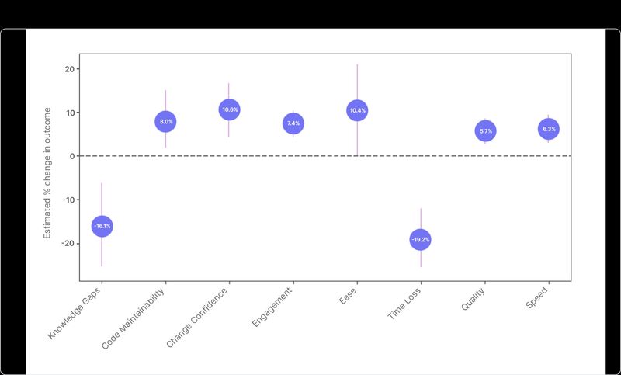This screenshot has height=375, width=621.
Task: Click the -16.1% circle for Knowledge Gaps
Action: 102,226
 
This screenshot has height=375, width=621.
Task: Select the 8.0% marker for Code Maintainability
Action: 166,121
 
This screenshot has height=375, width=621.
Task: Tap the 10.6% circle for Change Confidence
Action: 230,110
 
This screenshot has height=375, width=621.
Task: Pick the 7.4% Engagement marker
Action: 293,123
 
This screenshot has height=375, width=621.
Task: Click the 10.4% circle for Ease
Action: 357,111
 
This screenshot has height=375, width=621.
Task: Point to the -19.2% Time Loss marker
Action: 421,240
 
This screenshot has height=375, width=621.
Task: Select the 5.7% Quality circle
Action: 485,131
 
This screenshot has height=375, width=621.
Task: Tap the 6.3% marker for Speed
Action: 549,129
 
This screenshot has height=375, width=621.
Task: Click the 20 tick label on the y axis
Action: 70,69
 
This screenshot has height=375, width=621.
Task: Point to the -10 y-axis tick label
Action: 68,200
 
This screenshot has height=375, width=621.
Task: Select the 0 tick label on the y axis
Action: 72,156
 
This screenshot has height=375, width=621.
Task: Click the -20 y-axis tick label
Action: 68,243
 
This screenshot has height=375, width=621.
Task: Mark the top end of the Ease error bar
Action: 357,64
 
